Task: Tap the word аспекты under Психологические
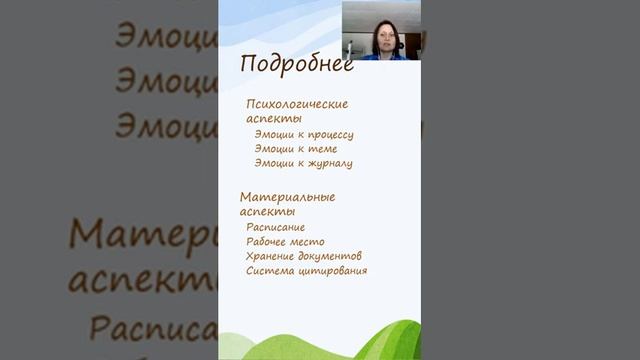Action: coord(273,118)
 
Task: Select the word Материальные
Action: coord(288,196)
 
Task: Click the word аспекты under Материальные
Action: coord(267,211)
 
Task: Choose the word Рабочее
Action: coord(269,241)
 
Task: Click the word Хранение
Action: coord(271,256)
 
